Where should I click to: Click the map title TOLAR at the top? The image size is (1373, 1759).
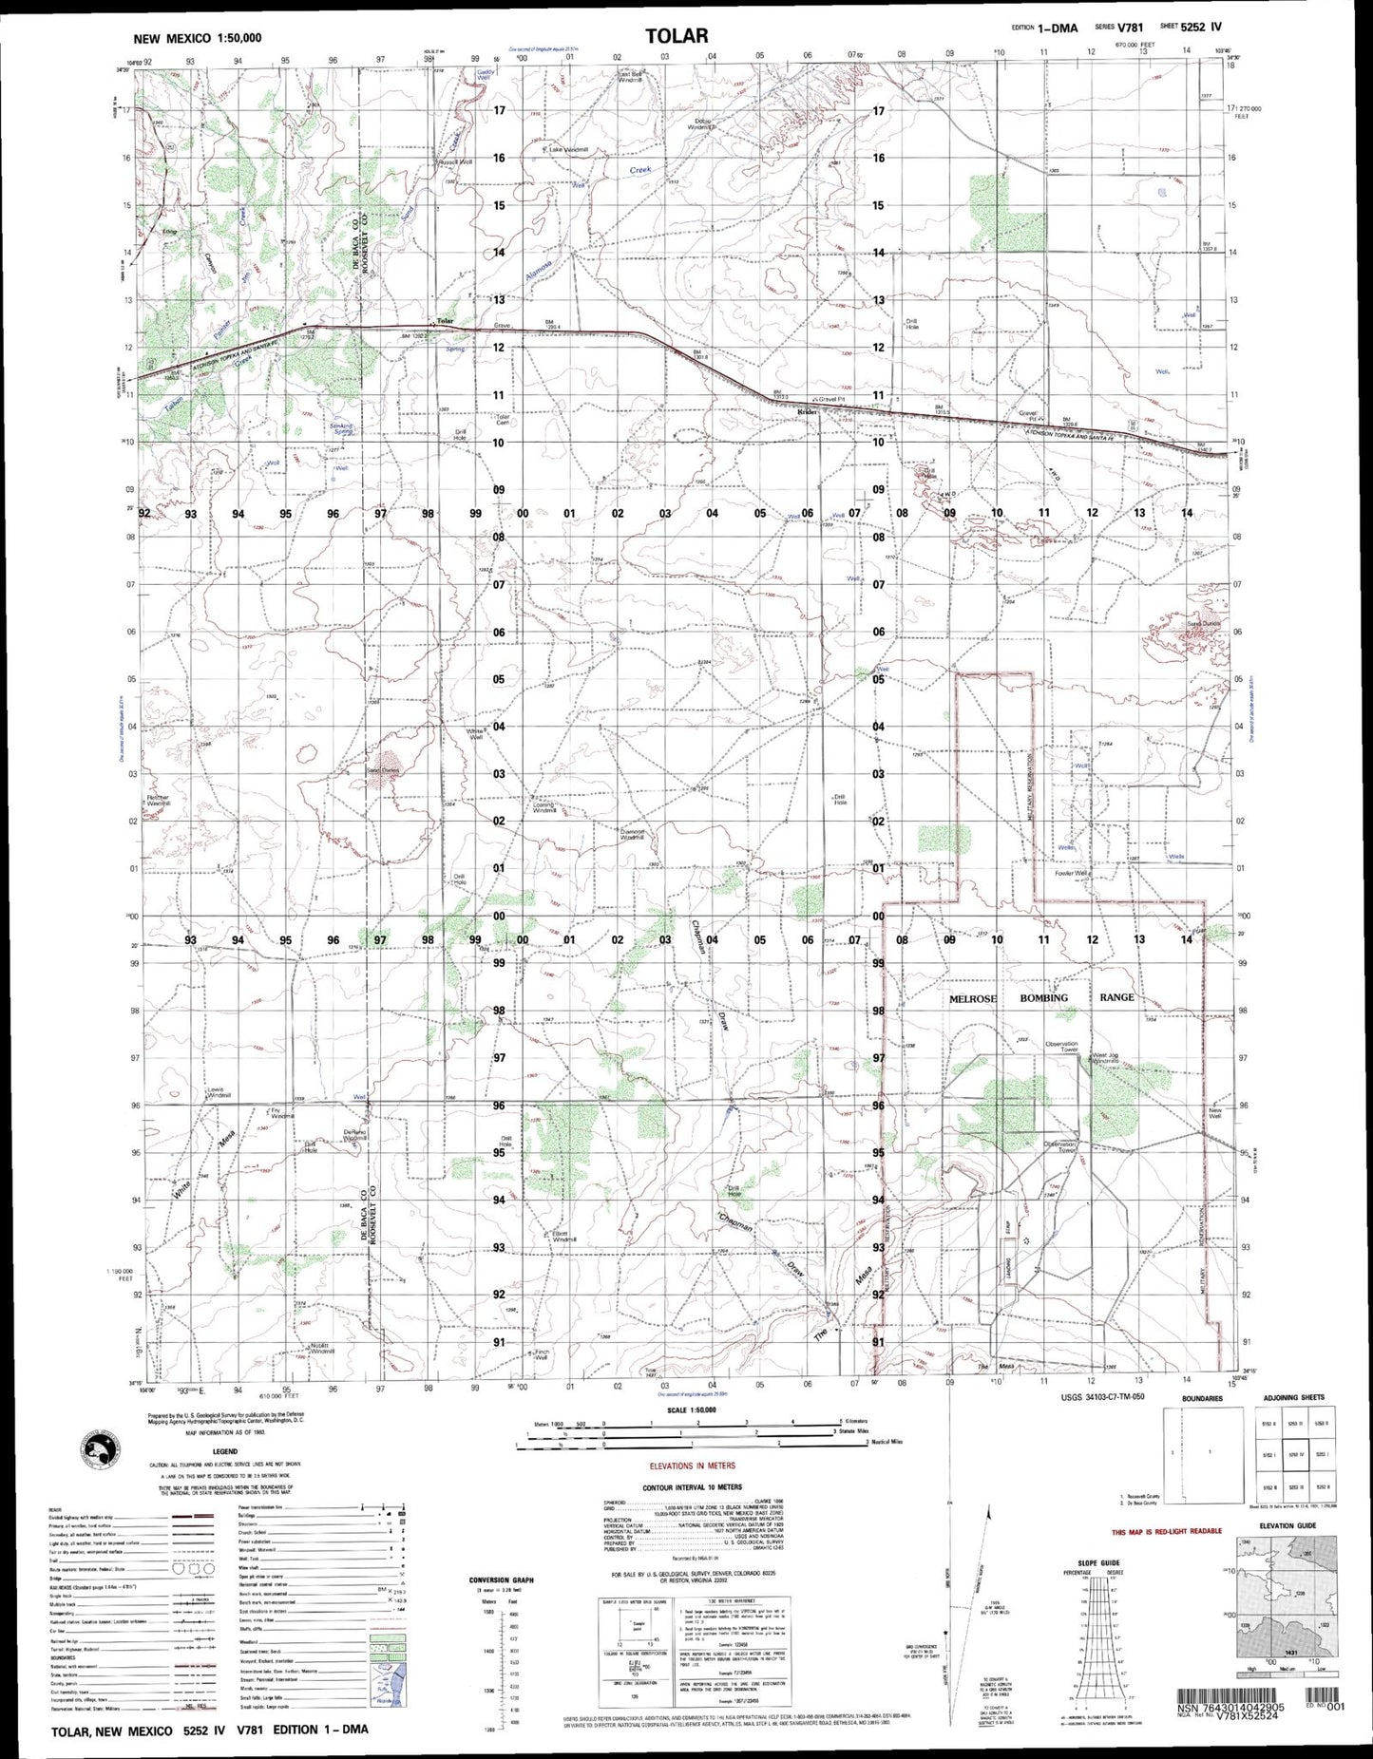point(677,36)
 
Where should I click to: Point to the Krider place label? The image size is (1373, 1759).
point(807,411)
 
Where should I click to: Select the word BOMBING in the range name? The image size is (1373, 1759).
point(1044,997)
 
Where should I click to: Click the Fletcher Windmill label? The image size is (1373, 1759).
point(158,800)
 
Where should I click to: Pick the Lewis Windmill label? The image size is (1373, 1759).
point(219,1092)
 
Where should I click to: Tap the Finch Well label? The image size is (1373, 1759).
point(541,1354)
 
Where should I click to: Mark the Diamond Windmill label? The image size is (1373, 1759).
point(632,835)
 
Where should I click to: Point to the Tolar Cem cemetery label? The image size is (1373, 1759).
point(504,419)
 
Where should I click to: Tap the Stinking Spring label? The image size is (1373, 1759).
point(341,428)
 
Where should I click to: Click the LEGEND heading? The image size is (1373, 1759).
point(225,1452)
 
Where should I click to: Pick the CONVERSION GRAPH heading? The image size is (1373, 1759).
point(501,1580)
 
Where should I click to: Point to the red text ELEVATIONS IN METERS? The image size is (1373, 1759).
point(692,1466)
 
